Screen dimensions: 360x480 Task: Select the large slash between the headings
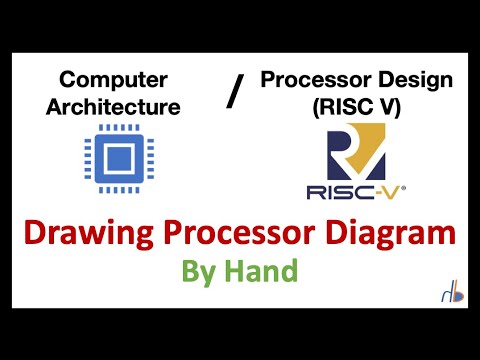click(x=236, y=93)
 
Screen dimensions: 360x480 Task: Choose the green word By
click(x=200, y=272)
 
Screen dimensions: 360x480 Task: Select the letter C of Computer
click(x=68, y=78)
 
